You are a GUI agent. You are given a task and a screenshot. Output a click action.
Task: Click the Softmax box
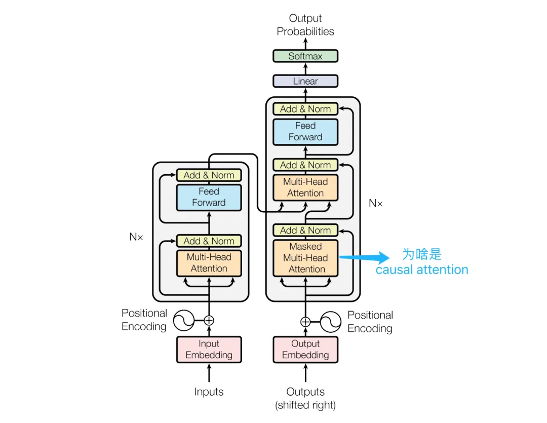pos(305,56)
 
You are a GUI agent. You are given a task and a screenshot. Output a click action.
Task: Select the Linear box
pos(305,81)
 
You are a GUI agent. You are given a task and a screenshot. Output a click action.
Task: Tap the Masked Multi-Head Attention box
pos(305,258)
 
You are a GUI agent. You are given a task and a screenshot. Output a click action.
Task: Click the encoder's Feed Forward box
pos(209,197)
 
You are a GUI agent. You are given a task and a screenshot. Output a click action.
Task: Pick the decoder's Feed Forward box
pos(305,131)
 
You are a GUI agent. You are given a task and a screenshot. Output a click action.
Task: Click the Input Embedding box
pos(209,350)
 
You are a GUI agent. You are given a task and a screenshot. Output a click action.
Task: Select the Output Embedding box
pos(305,350)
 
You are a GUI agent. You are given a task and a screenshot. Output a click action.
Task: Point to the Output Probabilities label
pos(305,25)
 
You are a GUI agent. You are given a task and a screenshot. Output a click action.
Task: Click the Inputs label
pos(209,392)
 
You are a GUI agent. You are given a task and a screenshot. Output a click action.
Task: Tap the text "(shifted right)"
pos(305,405)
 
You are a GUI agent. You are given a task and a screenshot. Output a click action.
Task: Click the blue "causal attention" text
pos(421,270)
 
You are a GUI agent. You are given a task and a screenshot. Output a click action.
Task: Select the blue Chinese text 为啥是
pos(421,254)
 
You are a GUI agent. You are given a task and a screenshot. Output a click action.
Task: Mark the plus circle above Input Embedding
pos(209,320)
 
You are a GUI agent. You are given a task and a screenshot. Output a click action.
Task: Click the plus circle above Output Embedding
pos(305,322)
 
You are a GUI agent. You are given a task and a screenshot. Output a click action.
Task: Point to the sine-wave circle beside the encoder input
pos(184,320)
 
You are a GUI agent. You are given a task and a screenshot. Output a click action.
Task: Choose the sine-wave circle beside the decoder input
pos(330,322)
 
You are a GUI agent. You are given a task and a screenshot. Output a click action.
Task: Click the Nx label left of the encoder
pos(136,237)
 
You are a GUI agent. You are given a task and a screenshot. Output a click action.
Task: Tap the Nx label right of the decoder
pos(376,203)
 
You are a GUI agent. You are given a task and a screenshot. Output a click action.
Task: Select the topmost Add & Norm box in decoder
pos(305,109)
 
